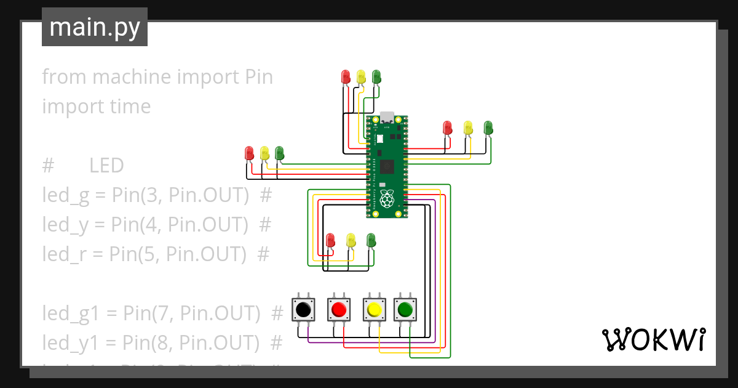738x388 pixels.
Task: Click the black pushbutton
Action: pyautogui.click(x=303, y=308)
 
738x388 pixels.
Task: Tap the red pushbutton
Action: pyautogui.click(x=338, y=308)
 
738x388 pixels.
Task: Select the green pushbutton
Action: pyautogui.click(x=405, y=308)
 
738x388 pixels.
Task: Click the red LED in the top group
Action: pyautogui.click(x=346, y=77)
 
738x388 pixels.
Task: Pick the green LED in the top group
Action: pyautogui.click(x=376, y=77)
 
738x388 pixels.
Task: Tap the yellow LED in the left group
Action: pyautogui.click(x=264, y=153)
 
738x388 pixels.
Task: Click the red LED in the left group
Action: pyautogui.click(x=249, y=153)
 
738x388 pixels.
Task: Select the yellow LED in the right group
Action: pyautogui.click(x=468, y=128)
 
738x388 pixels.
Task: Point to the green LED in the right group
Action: pyautogui.click(x=488, y=127)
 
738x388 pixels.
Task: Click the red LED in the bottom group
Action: pyautogui.click(x=330, y=240)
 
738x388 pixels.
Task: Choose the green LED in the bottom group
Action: pyautogui.click(x=371, y=240)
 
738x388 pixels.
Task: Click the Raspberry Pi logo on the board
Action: pyautogui.click(x=387, y=198)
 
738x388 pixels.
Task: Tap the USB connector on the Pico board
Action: pyautogui.click(x=387, y=117)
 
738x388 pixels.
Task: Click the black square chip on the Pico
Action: pyautogui.click(x=387, y=166)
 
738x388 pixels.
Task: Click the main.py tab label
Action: pyautogui.click(x=95, y=27)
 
